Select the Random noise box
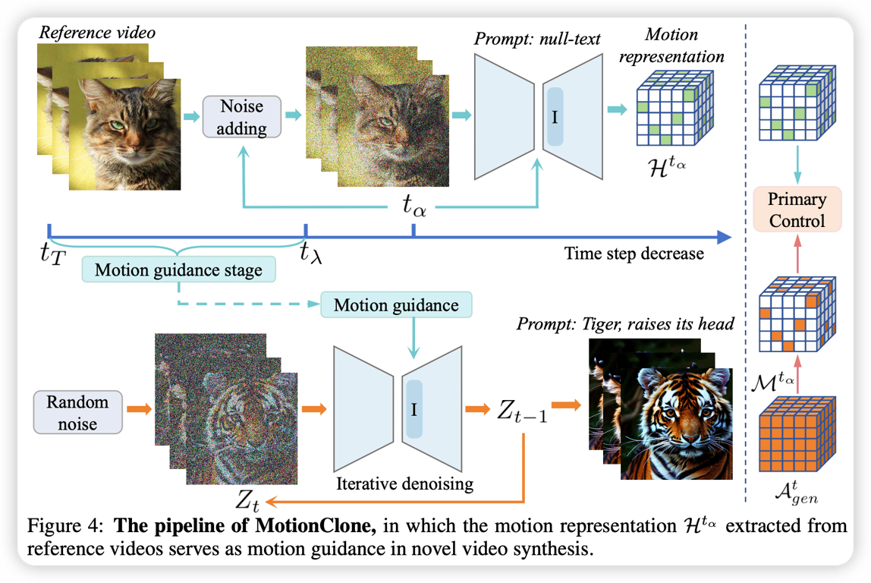click(77, 412)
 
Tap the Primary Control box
click(796, 210)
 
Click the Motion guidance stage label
click(178, 269)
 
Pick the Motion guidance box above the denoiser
click(396, 305)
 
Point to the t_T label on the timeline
click(52, 252)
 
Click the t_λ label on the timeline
click(310, 252)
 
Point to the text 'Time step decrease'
click(634, 253)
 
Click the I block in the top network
click(555, 116)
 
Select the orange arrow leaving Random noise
click(137, 409)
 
